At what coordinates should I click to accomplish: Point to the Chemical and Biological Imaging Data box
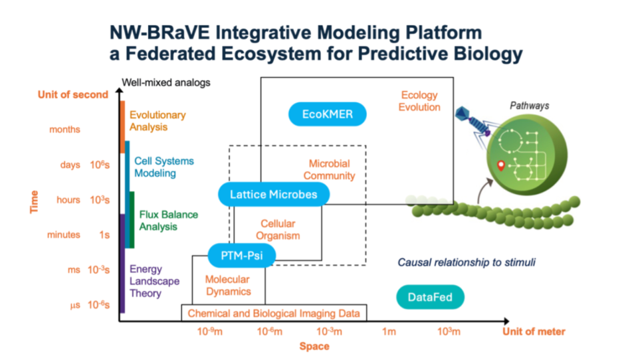(274, 313)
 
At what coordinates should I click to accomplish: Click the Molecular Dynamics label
(228, 286)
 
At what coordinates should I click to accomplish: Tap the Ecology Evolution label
(419, 101)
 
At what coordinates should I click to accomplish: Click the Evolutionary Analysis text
(157, 121)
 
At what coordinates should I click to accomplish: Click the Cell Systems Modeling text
(159, 167)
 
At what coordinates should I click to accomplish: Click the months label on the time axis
(64, 130)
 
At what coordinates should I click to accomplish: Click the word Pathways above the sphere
(529, 106)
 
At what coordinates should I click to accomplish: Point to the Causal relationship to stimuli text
(466, 262)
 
